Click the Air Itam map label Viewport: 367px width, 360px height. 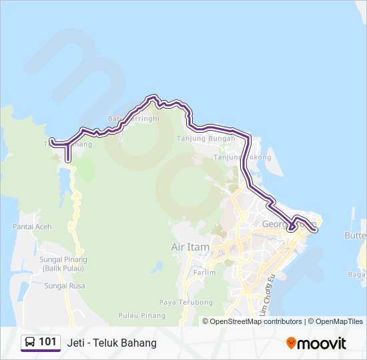click(x=190, y=247)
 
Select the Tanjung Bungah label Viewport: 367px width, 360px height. click(x=206, y=139)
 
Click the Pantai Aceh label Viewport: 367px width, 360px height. click(x=31, y=227)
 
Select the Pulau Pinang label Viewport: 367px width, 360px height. click(x=138, y=315)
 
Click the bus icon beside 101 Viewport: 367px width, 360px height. click(x=30, y=343)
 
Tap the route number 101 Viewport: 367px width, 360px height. click(x=47, y=342)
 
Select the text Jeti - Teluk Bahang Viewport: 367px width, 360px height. click(x=111, y=343)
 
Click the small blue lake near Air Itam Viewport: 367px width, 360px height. click(x=157, y=267)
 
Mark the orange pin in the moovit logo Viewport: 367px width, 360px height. click(x=291, y=343)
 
